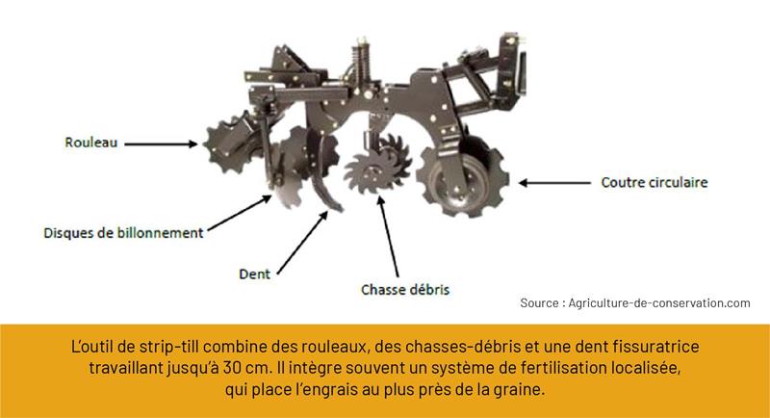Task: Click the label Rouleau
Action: click(91, 143)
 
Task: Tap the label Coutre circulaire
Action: click(654, 182)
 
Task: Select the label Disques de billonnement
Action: click(123, 232)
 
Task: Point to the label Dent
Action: click(254, 274)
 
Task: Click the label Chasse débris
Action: click(405, 290)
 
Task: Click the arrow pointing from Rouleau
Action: click(161, 144)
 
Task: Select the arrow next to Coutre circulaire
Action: click(555, 183)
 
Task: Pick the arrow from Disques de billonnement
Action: click(240, 213)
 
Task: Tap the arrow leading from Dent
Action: click(302, 242)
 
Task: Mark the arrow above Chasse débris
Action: click(388, 236)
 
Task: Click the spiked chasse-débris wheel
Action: click(376, 165)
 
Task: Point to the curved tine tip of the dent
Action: click(338, 208)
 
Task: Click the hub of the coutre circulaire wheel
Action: click(463, 186)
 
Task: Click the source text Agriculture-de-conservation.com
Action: click(659, 303)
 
